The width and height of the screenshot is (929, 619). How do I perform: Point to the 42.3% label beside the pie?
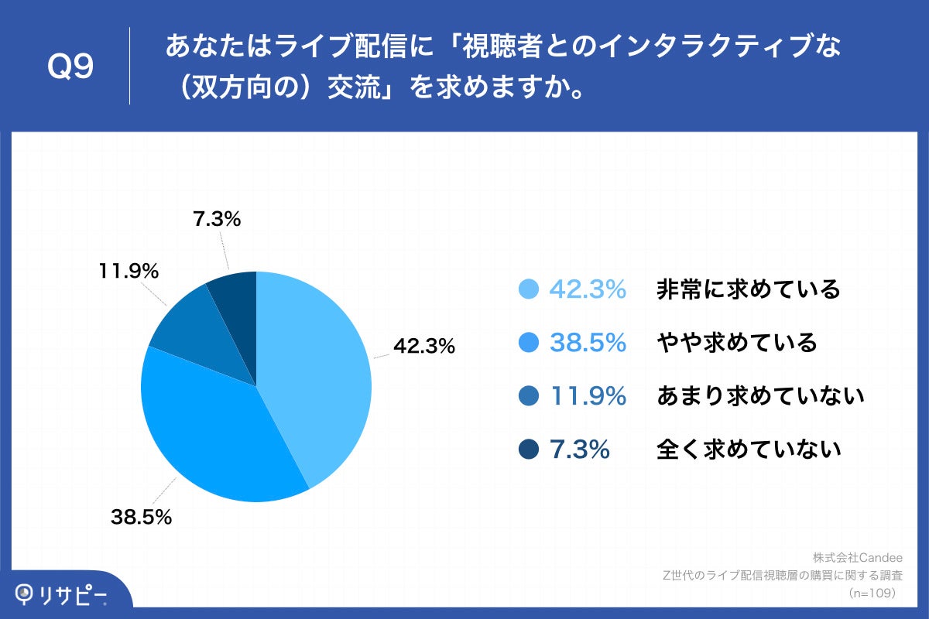[x=423, y=347]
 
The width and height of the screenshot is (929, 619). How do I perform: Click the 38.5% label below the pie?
[x=141, y=518]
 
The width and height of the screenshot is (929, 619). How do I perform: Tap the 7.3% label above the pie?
[x=216, y=219]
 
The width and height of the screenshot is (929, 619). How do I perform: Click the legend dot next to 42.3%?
[x=529, y=289]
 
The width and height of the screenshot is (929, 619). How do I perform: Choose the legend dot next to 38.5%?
[x=529, y=343]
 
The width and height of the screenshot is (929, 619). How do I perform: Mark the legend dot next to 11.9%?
[x=529, y=396]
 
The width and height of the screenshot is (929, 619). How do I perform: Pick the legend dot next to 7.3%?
[x=529, y=449]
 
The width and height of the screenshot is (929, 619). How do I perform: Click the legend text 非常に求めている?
[x=748, y=289]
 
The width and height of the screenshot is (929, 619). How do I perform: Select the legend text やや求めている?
[x=736, y=343]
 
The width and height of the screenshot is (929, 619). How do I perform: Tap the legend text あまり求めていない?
[x=759, y=396]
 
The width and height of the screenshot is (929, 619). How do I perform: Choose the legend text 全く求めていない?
[x=748, y=449]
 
